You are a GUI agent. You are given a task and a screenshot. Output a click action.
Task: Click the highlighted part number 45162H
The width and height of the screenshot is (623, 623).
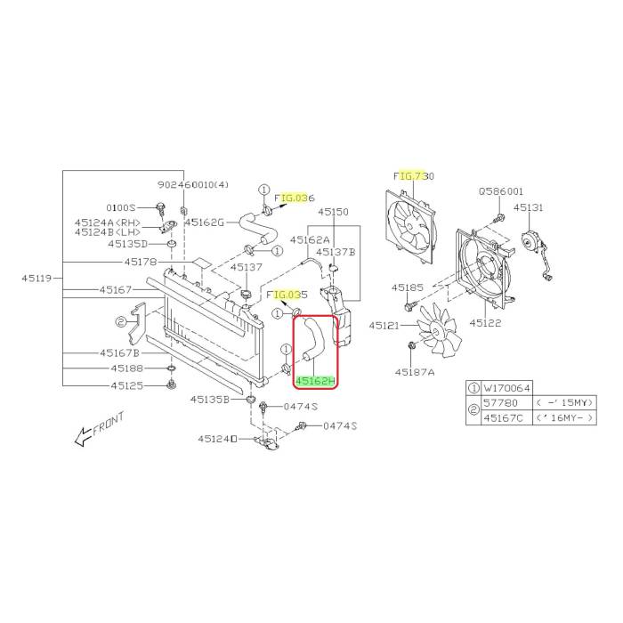[x=315, y=382]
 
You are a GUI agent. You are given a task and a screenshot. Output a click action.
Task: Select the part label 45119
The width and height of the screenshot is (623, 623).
[x=36, y=278]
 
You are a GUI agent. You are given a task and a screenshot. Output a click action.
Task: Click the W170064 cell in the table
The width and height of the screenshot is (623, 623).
[x=506, y=388]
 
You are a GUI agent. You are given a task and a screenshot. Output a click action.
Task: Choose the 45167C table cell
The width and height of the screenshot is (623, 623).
[x=506, y=418]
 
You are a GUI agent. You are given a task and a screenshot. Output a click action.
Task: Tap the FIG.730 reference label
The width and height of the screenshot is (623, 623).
[x=414, y=175]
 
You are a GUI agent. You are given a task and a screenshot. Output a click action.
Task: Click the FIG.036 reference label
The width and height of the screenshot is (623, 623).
[x=295, y=198]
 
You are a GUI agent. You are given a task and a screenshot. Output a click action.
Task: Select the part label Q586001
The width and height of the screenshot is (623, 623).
[x=500, y=191]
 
